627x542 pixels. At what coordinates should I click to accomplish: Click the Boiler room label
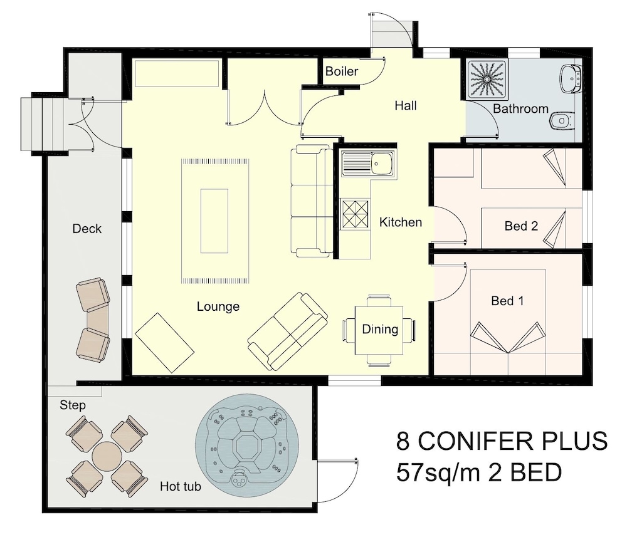[342, 71]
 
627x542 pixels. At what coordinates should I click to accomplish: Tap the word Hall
[406, 105]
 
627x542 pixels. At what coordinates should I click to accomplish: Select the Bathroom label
[520, 109]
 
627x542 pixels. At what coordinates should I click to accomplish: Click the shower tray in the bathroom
[487, 80]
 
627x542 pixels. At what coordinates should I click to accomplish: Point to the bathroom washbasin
[570, 78]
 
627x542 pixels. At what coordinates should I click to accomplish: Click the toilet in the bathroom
[563, 120]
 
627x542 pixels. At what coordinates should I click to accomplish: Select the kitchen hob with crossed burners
[354, 214]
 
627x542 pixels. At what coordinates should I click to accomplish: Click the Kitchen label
[400, 222]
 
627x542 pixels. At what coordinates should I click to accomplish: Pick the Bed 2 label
[521, 226]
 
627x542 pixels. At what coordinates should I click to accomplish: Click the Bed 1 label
[507, 301]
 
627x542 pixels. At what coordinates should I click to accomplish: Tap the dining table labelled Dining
[379, 330]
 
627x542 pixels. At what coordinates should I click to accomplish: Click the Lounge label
[218, 306]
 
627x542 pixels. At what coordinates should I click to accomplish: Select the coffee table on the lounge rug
[214, 221]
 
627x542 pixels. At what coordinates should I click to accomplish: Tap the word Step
[72, 405]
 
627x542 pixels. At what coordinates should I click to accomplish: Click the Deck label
[87, 229]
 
